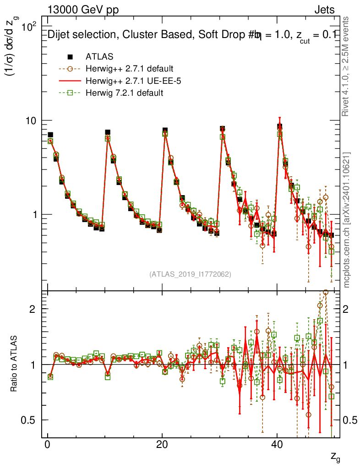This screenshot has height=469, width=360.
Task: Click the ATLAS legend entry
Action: [99, 57]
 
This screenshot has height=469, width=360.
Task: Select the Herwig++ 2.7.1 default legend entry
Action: [129, 69]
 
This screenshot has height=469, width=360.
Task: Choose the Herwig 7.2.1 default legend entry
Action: [125, 93]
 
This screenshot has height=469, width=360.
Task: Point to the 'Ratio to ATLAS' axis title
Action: [14, 364]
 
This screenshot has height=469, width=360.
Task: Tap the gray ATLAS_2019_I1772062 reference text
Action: [190, 274]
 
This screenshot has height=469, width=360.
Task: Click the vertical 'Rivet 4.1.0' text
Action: [346, 66]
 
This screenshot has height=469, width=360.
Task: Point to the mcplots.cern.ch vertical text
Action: [346, 220]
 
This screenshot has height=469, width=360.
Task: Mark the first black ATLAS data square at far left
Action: [50, 135]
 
